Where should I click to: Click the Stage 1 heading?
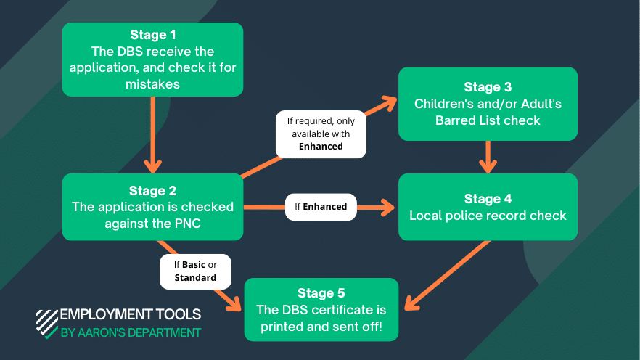click(x=152, y=35)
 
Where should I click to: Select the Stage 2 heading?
click(x=152, y=191)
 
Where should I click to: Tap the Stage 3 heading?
click(x=488, y=87)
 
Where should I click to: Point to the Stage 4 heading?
click(x=488, y=199)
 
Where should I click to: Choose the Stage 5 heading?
click(x=321, y=293)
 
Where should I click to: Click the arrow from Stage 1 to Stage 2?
click(x=152, y=134)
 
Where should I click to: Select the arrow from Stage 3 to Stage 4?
click(x=488, y=156)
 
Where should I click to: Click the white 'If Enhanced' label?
click(x=320, y=207)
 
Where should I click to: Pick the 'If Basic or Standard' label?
click(x=195, y=271)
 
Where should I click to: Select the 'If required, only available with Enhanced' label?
click(x=320, y=134)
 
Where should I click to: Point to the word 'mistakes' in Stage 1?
click(x=152, y=83)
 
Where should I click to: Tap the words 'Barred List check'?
click(x=488, y=120)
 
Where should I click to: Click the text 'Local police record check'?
click(x=488, y=216)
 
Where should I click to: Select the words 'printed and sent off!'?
click(x=321, y=327)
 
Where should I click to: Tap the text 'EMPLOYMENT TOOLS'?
click(x=130, y=315)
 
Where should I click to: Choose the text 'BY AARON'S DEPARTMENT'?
click(x=130, y=333)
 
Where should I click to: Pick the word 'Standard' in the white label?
click(x=195, y=277)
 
